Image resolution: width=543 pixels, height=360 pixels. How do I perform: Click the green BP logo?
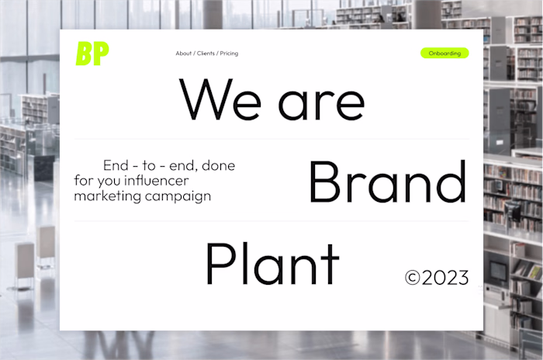[x=92, y=54]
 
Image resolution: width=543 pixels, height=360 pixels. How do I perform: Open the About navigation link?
[x=183, y=54]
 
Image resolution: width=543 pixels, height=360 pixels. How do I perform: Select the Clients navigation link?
[x=206, y=54]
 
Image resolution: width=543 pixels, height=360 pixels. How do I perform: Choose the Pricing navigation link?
[x=229, y=54]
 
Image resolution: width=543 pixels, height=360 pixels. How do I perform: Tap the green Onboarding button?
[x=444, y=54]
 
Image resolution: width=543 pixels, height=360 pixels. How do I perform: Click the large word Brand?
[x=387, y=183]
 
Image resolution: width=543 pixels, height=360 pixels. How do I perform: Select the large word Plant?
[x=272, y=264]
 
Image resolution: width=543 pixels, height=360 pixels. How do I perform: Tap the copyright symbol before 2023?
[x=412, y=278]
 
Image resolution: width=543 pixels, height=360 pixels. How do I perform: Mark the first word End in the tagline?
[x=116, y=165]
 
